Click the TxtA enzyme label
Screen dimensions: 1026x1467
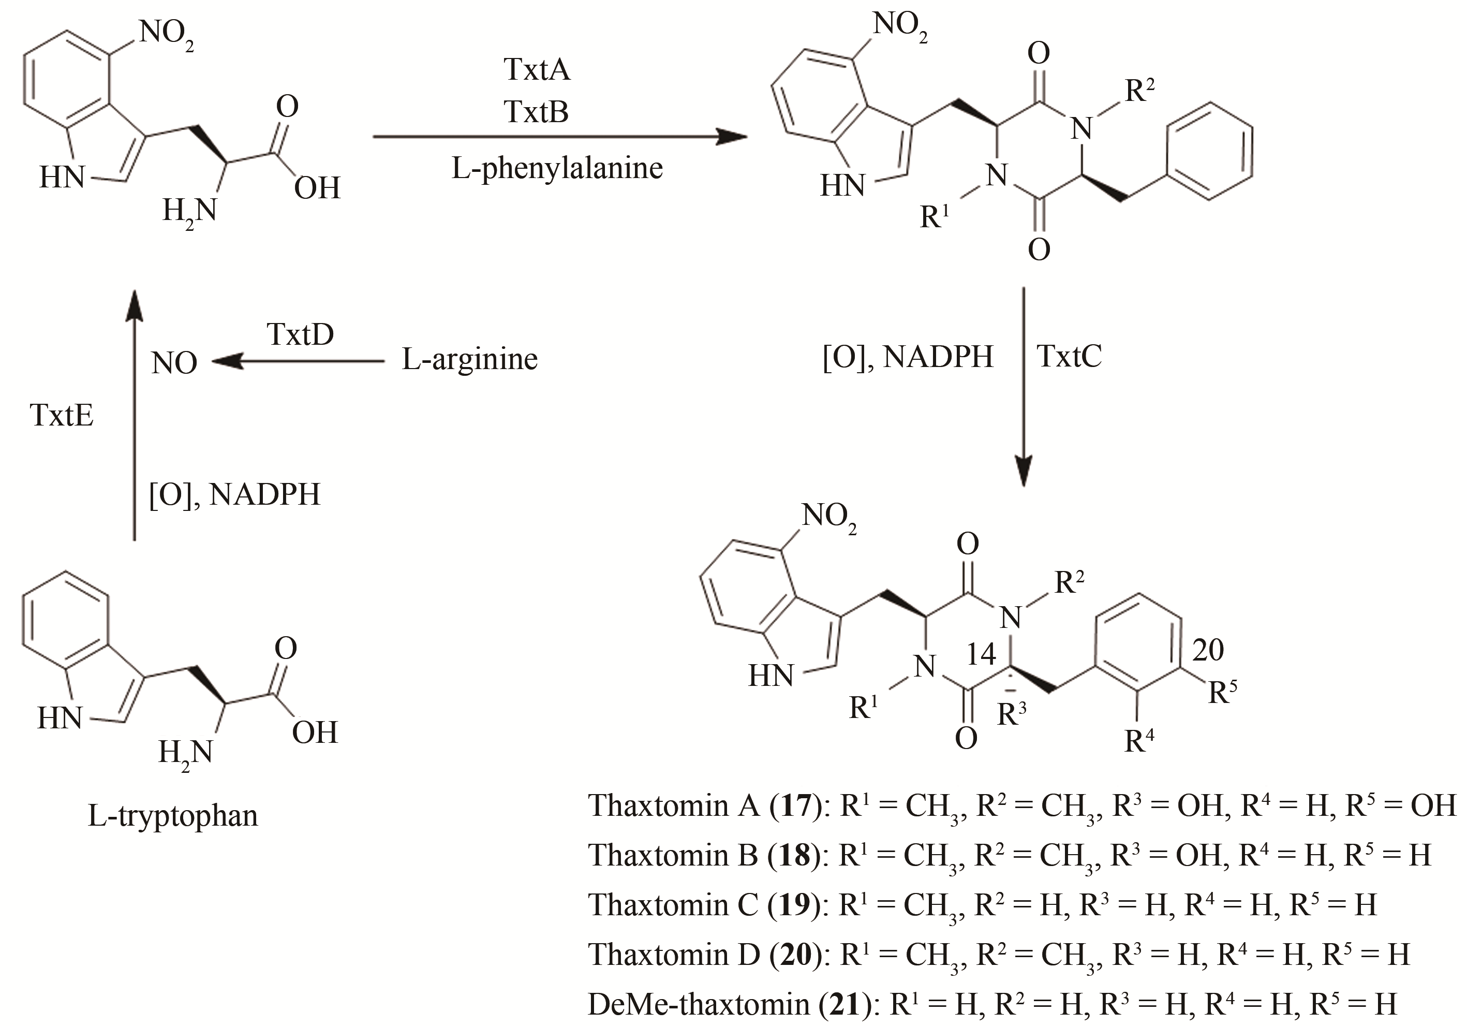(x=536, y=69)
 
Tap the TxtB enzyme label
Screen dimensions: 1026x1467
(x=536, y=111)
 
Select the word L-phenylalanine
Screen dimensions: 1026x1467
(x=557, y=168)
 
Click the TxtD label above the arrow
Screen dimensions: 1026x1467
(x=300, y=334)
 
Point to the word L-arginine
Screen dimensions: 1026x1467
(x=470, y=359)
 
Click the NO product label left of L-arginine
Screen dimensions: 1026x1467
(x=174, y=363)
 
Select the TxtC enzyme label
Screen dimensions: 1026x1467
(x=1070, y=356)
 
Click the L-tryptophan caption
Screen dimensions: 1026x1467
(x=172, y=816)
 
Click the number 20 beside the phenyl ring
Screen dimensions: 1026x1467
(x=1208, y=651)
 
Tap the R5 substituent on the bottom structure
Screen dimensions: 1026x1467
(x=1222, y=691)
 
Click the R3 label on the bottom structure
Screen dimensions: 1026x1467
(x=1012, y=714)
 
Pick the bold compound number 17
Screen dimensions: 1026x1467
(x=795, y=805)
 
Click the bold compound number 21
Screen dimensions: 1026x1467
(x=844, y=1004)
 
